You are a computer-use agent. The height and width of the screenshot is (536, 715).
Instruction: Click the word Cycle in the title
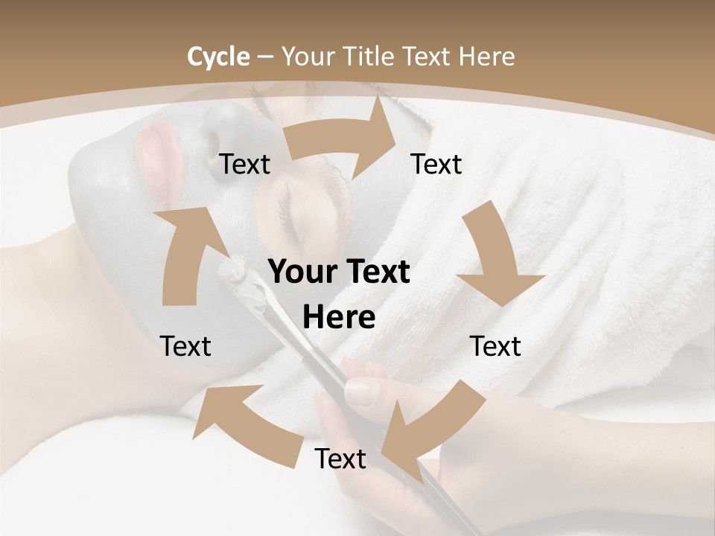point(218,57)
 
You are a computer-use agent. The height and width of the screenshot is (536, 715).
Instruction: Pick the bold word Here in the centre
point(339,318)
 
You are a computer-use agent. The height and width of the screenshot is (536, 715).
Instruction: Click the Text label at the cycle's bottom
point(340,459)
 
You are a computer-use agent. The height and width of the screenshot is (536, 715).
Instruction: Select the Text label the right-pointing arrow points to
point(436,164)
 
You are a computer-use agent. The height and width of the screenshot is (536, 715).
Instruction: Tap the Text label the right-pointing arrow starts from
point(244,164)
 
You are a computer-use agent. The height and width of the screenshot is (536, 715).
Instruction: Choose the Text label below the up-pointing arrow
point(186,346)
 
